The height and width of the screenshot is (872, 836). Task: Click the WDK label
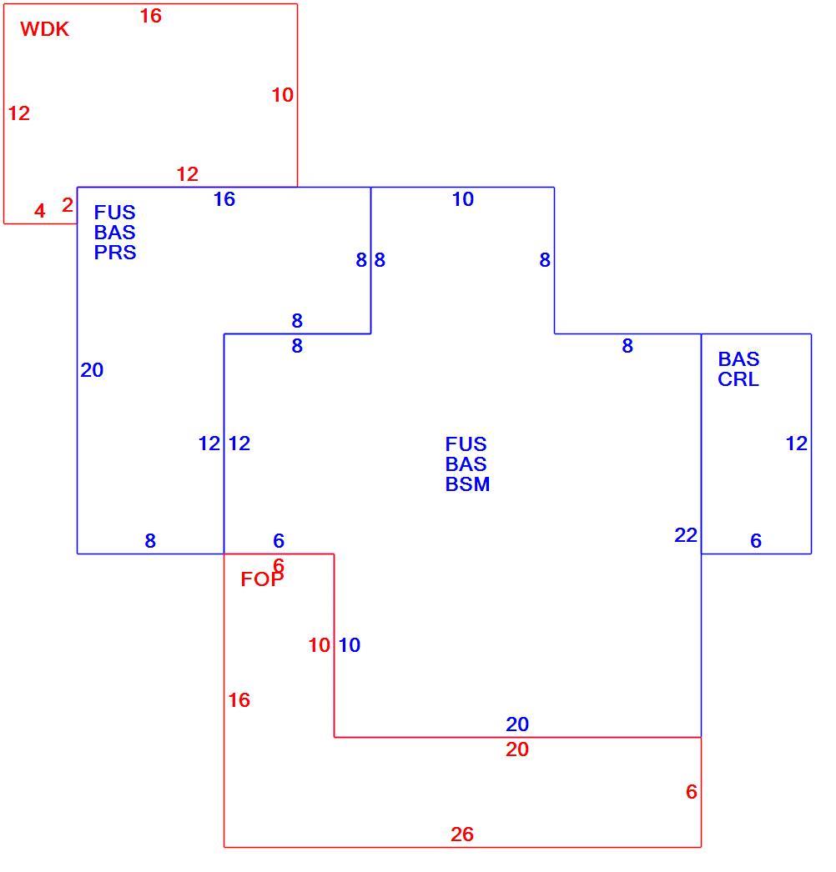[x=44, y=29]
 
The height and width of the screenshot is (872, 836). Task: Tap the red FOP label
[x=262, y=579]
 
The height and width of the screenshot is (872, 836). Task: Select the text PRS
[x=115, y=253]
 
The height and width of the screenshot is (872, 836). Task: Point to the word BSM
[x=467, y=484]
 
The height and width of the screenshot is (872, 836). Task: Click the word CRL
[x=738, y=379]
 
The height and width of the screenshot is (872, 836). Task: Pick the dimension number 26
[x=462, y=834]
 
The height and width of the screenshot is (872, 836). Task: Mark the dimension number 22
[x=686, y=535]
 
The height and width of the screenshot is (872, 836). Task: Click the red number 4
[x=39, y=211]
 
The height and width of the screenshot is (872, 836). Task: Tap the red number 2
[x=68, y=205]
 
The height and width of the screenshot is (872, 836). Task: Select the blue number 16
[x=224, y=199]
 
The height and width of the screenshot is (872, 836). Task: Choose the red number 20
[x=517, y=749]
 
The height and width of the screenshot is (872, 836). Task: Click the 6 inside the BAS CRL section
[x=756, y=540]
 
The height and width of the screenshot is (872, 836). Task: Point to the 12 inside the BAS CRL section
[x=797, y=444]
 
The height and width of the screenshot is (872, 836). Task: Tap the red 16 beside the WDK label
[x=151, y=16]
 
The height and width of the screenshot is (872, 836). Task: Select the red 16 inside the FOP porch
[x=239, y=700]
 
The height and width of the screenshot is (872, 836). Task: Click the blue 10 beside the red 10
[x=350, y=645]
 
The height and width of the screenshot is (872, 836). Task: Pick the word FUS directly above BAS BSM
[x=466, y=444]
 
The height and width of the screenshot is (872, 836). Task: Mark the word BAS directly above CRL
[x=738, y=359]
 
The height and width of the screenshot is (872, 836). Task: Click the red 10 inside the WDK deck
[x=283, y=95]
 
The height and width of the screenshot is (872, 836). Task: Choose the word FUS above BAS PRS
[x=114, y=213]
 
